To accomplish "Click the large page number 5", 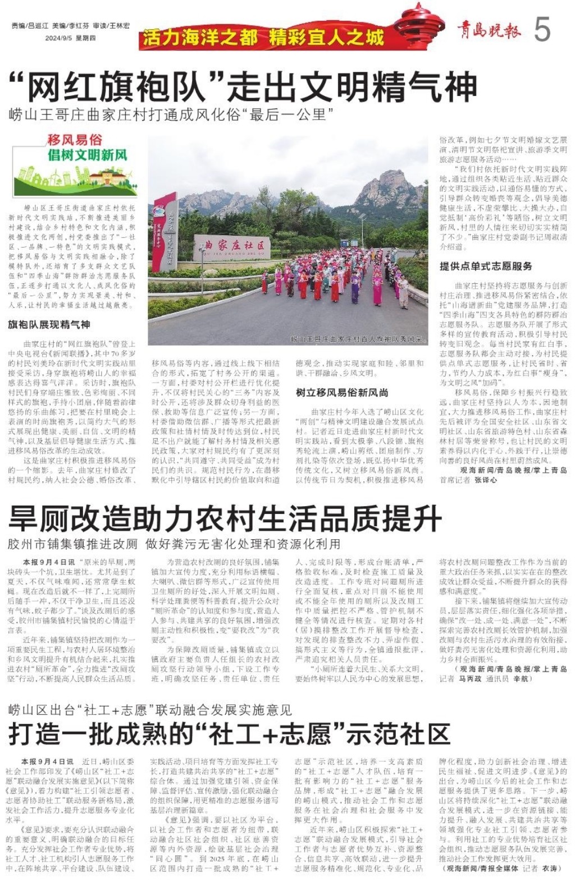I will click(542, 29).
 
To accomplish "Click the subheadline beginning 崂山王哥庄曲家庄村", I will click(171, 115).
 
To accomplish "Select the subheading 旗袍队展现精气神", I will click(49, 324).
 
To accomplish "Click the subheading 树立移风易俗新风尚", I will click(342, 392).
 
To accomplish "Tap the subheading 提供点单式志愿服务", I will click(486, 266).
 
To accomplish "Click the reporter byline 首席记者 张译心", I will click(468, 480).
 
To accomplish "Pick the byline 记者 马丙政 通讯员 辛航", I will click(483, 678).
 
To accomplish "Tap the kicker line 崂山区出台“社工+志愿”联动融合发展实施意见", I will click(150, 710).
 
